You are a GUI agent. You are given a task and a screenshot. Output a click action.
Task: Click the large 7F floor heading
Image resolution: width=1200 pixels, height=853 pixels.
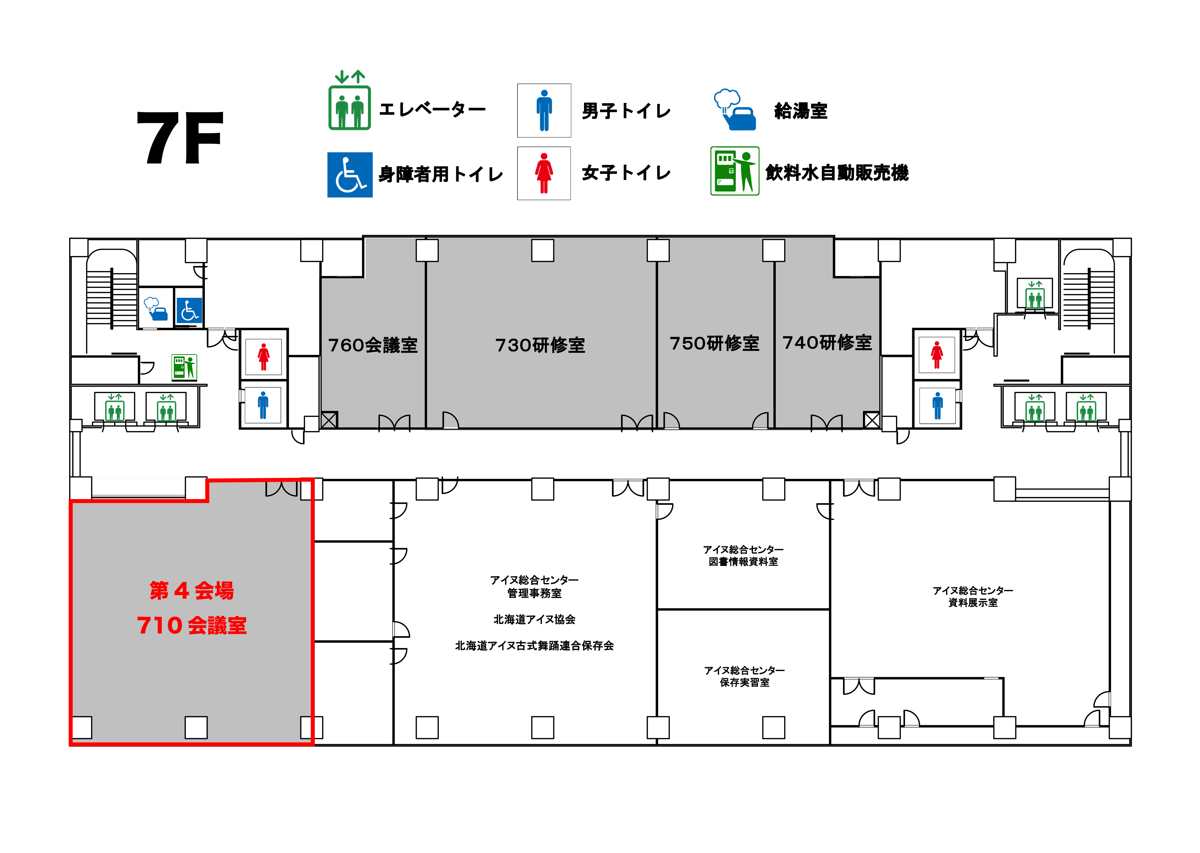coord(180,138)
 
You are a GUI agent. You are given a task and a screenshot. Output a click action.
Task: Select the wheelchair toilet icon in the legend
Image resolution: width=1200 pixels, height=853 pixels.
coord(350,175)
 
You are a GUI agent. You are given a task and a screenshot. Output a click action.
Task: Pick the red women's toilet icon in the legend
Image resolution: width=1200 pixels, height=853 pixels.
coord(544,173)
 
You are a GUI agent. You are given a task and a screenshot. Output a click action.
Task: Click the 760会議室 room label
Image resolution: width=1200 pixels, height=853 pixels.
coord(373,345)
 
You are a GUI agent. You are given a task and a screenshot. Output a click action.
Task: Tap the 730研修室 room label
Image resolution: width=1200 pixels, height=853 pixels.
coord(540,345)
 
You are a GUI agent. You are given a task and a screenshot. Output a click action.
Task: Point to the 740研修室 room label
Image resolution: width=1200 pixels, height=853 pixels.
coord(827,342)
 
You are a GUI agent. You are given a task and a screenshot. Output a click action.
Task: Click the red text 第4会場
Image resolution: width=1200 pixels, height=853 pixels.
coord(192,590)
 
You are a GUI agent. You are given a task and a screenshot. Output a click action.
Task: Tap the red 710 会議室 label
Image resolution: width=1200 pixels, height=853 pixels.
coord(192,625)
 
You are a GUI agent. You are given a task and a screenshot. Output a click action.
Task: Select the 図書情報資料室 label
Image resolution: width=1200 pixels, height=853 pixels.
coord(743,562)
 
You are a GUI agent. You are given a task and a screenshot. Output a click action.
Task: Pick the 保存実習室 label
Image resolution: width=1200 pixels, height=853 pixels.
coord(745,682)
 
